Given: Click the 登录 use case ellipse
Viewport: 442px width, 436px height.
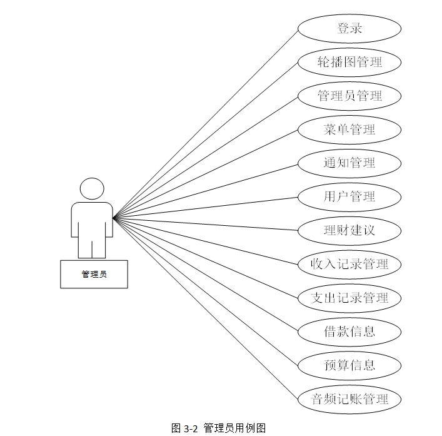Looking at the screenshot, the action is pos(349,29).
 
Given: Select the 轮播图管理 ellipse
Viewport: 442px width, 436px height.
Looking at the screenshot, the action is pos(349,63).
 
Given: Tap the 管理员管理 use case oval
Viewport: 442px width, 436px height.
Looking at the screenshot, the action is pos(349,96).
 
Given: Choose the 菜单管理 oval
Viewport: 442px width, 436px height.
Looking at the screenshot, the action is pos(349,129).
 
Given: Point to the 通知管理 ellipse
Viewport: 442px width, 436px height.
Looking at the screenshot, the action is pos(349,163).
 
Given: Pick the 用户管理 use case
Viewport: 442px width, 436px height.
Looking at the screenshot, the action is pos(349,197).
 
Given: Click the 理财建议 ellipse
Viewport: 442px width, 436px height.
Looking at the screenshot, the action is pos(349,230).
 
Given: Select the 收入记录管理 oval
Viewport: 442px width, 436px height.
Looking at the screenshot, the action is pos(349,264).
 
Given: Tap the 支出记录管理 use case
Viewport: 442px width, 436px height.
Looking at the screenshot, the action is pos(349,298).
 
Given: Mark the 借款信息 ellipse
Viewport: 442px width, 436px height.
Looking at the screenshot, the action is pos(349,332).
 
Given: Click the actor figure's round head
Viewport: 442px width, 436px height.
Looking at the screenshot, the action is pos(92,189).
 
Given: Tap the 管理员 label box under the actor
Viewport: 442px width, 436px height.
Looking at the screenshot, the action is pos(94,274).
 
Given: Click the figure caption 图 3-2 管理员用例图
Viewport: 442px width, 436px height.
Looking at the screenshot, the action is pos(219,428).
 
